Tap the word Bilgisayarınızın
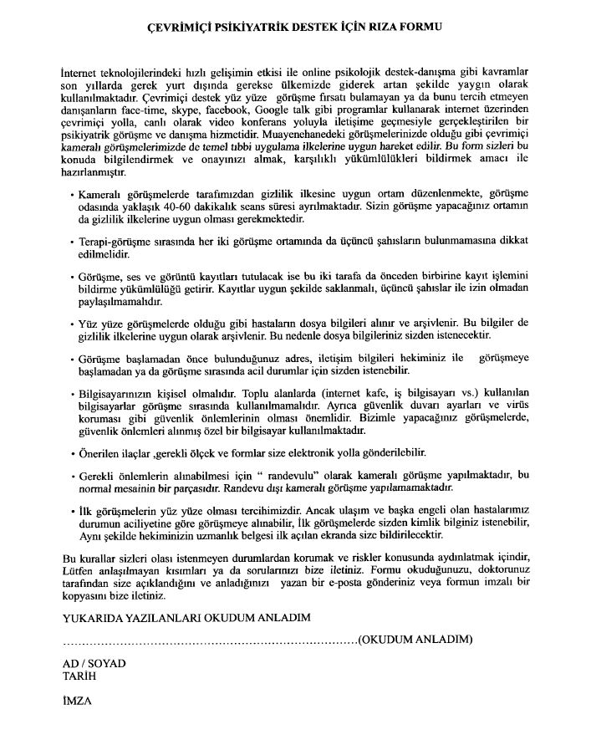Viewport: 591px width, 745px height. pyautogui.click(x=113, y=393)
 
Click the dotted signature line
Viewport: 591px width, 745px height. pyautogui.click(x=209, y=642)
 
